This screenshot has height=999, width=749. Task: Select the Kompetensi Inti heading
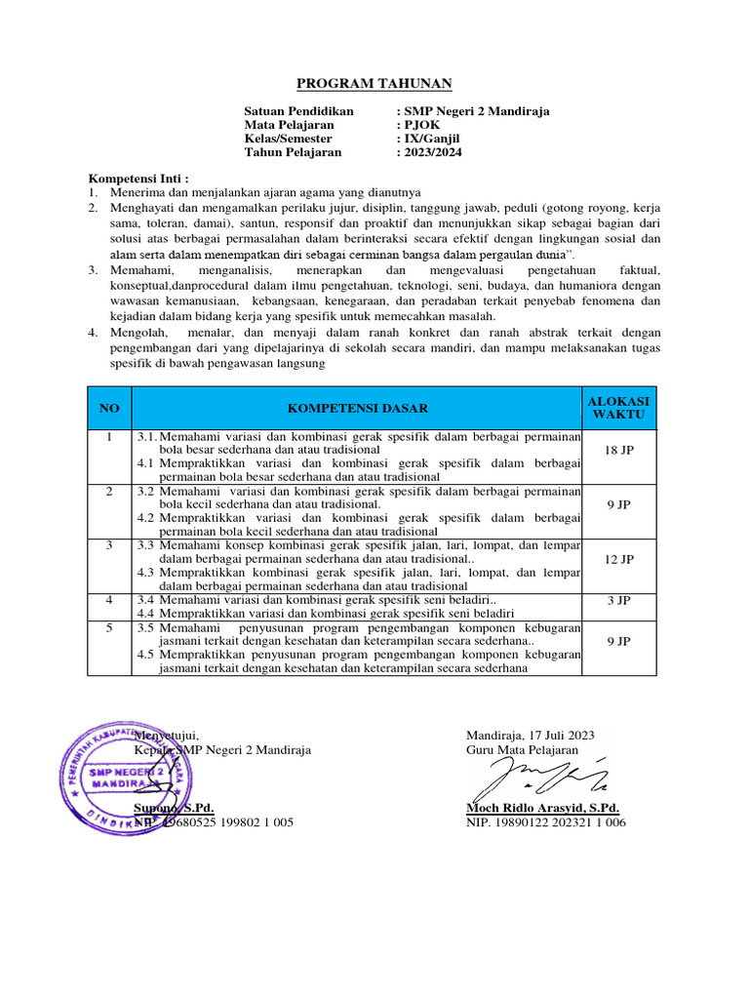pos(138,180)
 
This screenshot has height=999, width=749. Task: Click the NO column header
pos(109,408)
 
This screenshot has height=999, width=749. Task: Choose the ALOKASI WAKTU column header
pos(619,408)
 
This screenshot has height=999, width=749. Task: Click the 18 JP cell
pos(619,451)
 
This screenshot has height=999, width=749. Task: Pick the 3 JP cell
pos(619,600)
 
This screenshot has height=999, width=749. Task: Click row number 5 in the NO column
pos(109,628)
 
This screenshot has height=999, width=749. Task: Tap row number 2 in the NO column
pos(109,492)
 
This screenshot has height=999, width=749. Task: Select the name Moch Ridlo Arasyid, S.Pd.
pos(543,809)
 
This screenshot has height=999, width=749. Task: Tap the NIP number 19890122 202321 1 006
pos(546,823)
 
